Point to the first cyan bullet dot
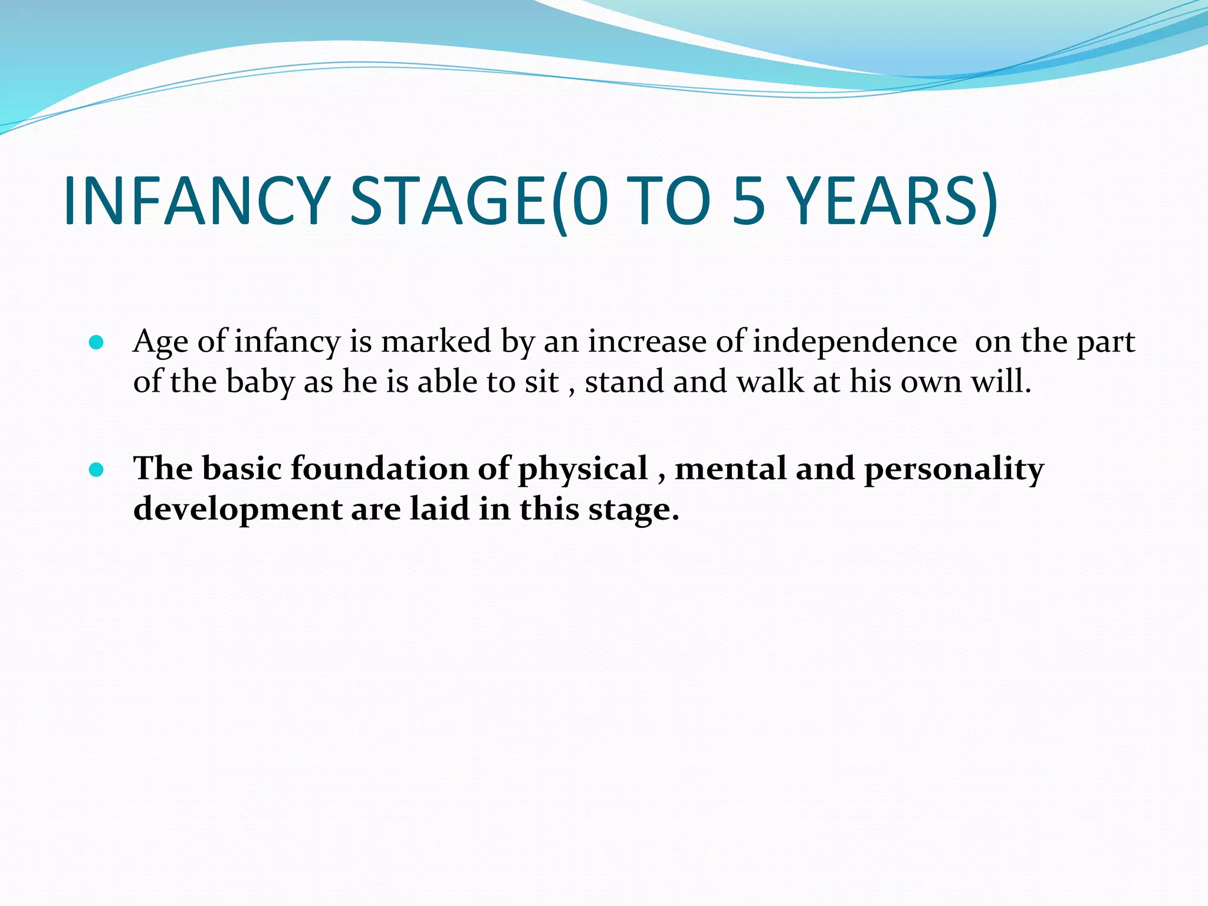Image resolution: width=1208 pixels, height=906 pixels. tap(96, 343)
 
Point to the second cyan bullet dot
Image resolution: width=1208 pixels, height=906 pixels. tap(96, 470)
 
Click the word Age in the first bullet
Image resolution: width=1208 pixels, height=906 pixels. tap(160, 342)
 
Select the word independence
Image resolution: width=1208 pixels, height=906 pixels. tap(855, 342)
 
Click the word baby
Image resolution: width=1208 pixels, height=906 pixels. tap(260, 382)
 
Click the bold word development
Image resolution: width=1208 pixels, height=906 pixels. tap(238, 510)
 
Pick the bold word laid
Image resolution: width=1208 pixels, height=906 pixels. tap(439, 508)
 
